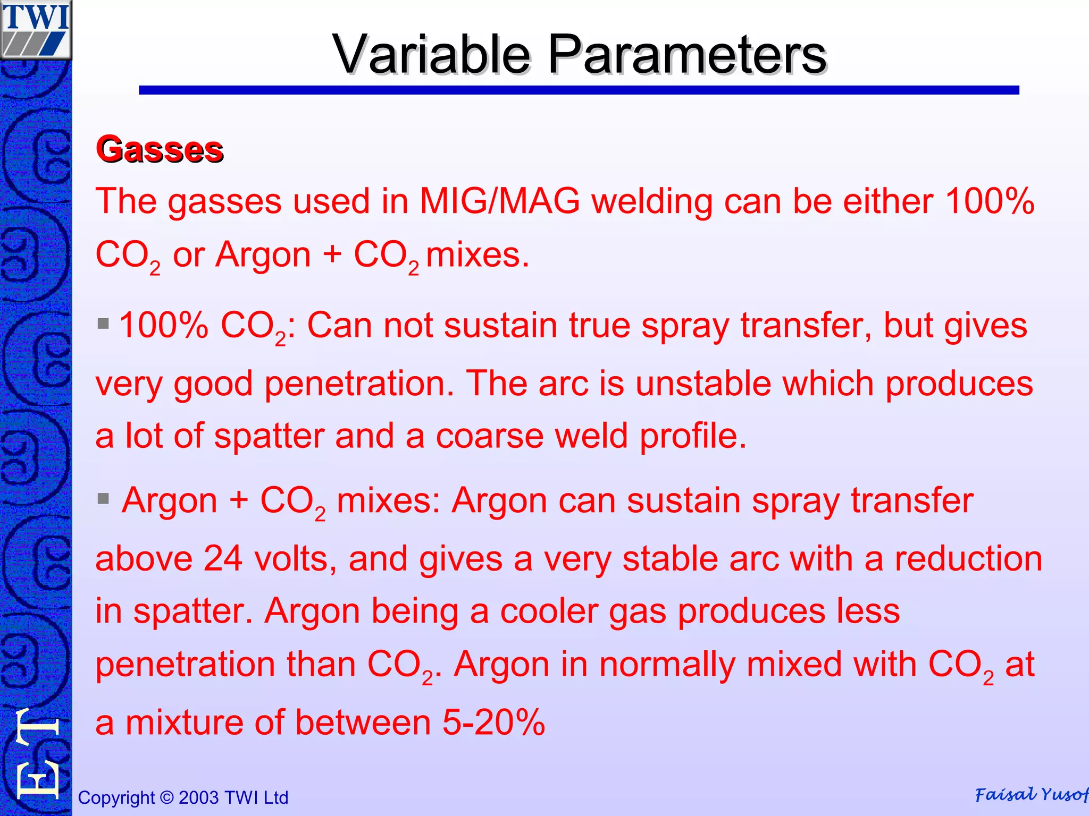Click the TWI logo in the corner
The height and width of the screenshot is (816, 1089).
[36, 29]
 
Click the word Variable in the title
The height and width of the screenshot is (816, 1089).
[431, 55]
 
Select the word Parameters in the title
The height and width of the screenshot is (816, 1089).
[686, 55]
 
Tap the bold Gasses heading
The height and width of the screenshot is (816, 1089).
[160, 149]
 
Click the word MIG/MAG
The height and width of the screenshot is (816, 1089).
[499, 202]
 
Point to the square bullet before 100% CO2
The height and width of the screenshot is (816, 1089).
[103, 323]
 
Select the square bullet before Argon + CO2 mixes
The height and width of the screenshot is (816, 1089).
[103, 498]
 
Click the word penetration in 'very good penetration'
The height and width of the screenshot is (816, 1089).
[359, 384]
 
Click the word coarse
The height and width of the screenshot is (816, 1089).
[489, 436]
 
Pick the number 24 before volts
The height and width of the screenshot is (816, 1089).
[223, 559]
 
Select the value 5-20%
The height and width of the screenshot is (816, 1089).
[493, 723]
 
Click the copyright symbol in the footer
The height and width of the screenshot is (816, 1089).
[166, 798]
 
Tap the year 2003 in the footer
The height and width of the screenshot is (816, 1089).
[199, 798]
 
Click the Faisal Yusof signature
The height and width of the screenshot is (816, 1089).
[1031, 795]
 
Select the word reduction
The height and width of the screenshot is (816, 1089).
[968, 559]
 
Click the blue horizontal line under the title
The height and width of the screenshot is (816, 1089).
[579, 90]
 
